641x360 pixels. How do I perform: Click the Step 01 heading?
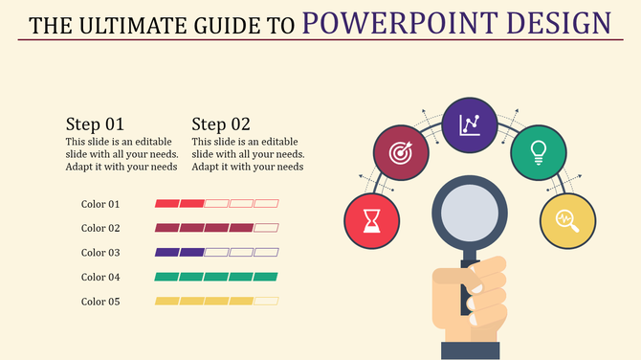(95, 124)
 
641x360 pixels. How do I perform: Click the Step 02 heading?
(221, 124)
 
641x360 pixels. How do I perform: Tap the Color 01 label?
(100, 204)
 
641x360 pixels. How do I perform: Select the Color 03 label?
(100, 253)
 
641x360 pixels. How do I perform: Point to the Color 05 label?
(100, 302)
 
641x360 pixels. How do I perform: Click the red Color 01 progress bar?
(216, 204)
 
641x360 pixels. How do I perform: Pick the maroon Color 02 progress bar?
(216, 228)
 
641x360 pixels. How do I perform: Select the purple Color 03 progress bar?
(216, 253)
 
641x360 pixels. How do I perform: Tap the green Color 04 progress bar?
(216, 277)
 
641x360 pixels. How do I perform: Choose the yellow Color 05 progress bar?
(216, 302)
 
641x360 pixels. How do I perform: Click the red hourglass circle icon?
(371, 219)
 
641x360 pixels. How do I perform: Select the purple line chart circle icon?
(470, 124)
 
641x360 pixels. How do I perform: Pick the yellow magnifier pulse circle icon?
(567, 219)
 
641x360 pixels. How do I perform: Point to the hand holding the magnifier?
(475, 302)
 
